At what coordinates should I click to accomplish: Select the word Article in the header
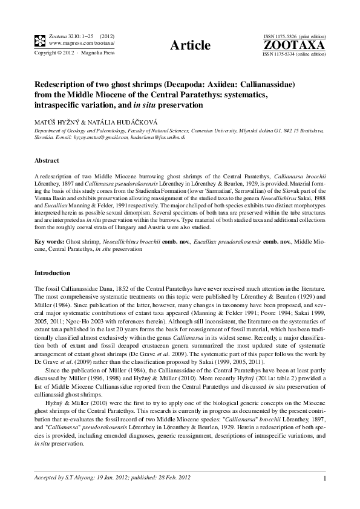click(x=190, y=45)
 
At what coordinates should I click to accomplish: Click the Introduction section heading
click(x=52, y=273)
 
